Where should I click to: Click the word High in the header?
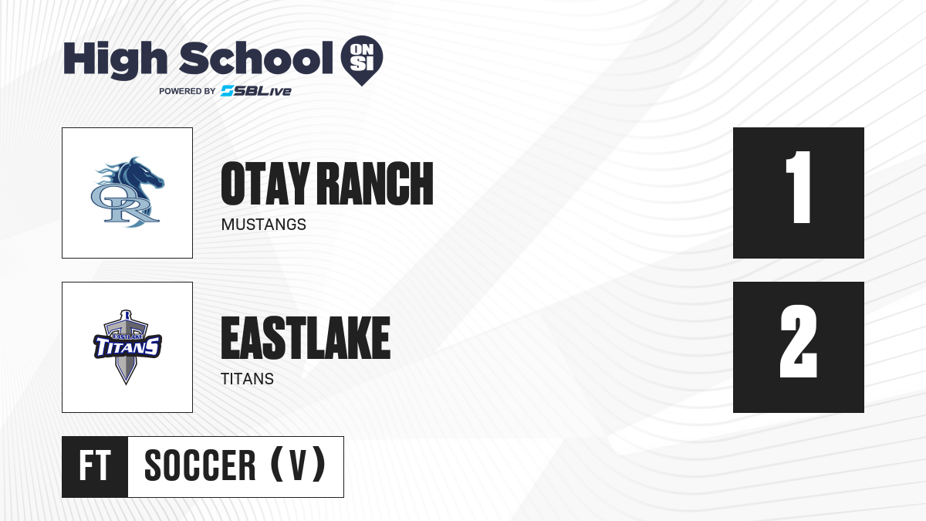point(115,59)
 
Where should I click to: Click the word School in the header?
point(256,57)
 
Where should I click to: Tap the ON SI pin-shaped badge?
point(362,60)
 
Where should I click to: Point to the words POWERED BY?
point(188,91)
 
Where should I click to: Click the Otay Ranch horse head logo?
point(127,192)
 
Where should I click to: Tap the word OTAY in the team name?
point(265,184)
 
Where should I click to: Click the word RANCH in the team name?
point(377,184)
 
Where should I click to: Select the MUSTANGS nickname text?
point(264,225)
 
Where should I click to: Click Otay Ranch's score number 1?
point(798,187)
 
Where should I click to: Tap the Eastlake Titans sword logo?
point(127,347)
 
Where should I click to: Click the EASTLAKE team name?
point(306,338)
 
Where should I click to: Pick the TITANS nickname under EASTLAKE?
point(247,379)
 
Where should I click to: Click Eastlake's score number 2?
point(798,341)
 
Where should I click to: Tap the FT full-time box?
point(95,466)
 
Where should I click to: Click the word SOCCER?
point(200,465)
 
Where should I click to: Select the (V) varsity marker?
point(298,465)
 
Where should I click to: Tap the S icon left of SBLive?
point(227,91)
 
